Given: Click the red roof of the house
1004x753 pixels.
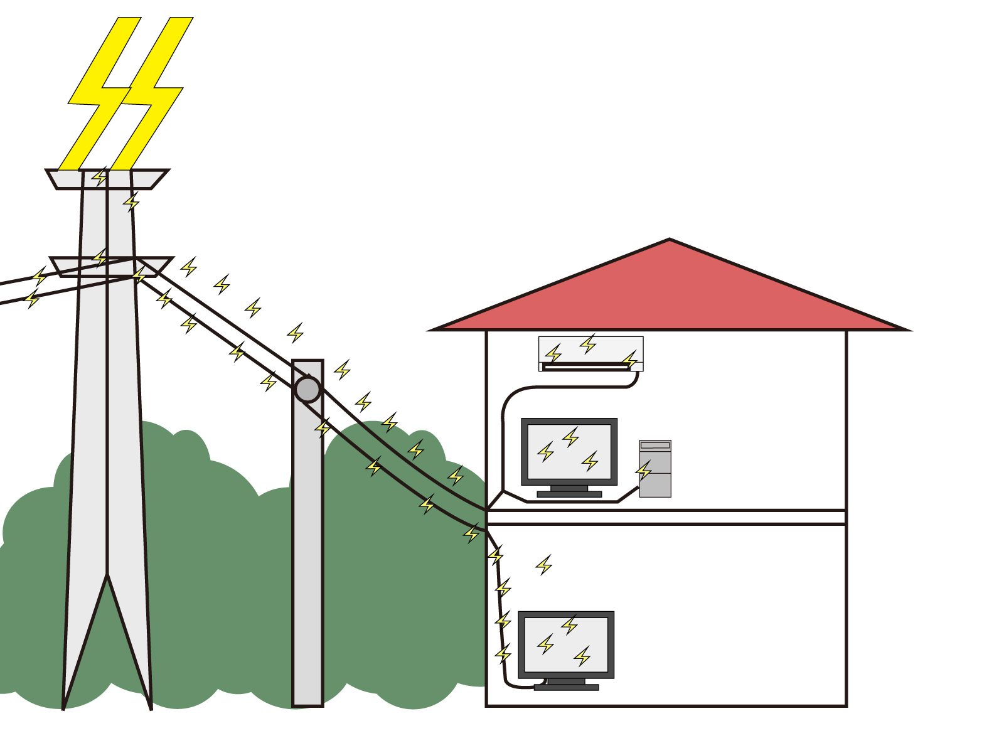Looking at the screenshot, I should pyautogui.click(x=670, y=295).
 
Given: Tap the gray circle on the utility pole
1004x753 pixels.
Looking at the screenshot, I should pyautogui.click(x=307, y=389).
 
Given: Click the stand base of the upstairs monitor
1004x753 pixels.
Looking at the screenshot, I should pyautogui.click(x=569, y=494).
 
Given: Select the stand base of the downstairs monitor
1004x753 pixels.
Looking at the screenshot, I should pyautogui.click(x=566, y=687).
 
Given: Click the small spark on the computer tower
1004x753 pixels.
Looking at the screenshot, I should pyautogui.click(x=644, y=470).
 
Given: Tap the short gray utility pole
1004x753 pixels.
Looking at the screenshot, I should pyautogui.click(x=307, y=565).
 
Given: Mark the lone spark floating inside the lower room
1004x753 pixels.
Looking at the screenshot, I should pyautogui.click(x=544, y=565).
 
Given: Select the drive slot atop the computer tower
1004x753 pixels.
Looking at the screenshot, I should pyautogui.click(x=655, y=446).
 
